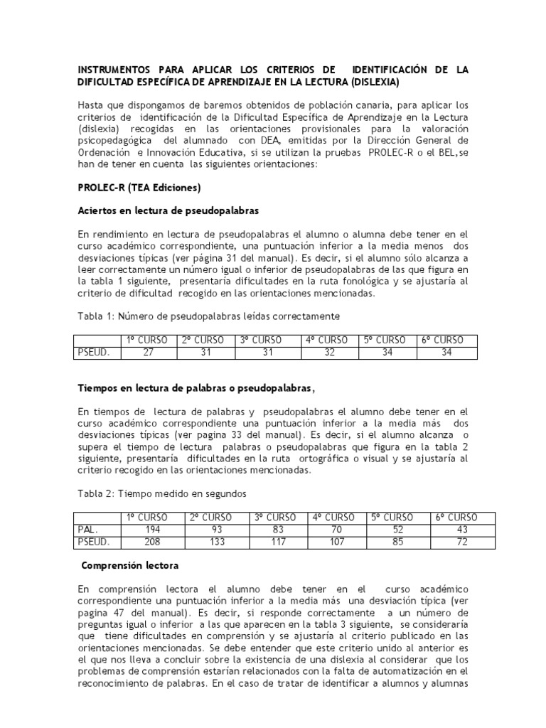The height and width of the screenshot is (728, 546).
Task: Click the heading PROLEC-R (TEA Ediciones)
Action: (139, 188)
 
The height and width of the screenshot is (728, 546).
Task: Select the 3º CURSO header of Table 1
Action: (272, 340)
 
